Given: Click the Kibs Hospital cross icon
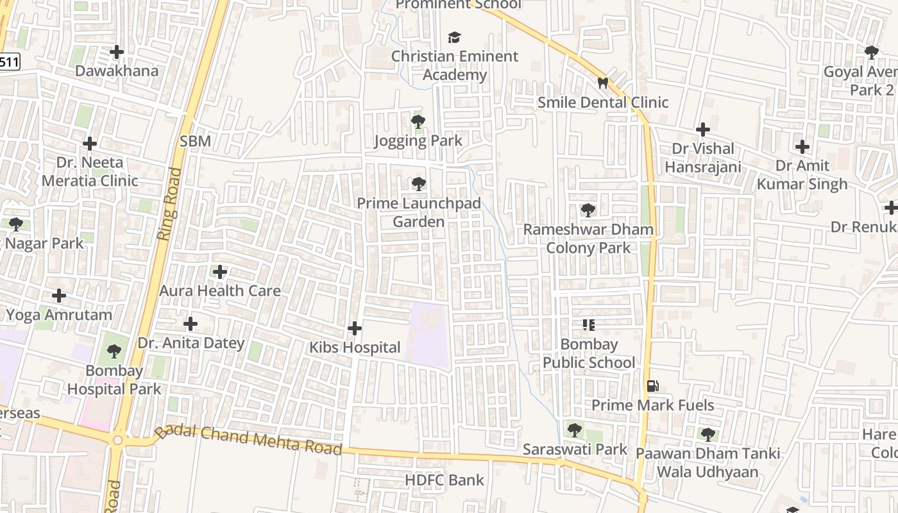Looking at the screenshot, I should point(354,328).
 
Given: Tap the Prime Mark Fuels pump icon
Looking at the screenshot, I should point(652,386).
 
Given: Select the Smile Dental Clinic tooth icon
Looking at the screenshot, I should point(602,83).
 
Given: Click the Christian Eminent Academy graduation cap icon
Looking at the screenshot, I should point(455,37).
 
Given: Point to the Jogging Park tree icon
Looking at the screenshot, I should point(418,121).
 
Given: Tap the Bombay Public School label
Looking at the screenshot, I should point(589,353).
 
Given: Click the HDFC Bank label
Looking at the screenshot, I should point(445,480).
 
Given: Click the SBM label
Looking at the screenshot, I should point(195,141).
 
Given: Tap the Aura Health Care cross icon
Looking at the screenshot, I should point(220,272).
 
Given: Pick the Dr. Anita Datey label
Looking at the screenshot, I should point(191,343).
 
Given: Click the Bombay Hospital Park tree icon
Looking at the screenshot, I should point(114,351).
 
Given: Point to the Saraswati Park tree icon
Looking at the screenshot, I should point(574,429).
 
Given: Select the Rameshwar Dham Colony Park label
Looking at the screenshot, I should point(588,238).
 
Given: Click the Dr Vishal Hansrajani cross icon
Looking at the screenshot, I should point(703,130).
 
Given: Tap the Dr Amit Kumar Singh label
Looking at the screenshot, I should point(802,174).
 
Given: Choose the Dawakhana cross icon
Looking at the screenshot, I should point(117,52).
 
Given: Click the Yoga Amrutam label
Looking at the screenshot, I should point(59,315).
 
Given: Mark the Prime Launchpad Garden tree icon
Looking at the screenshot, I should point(419,184).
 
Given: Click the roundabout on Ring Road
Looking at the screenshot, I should point(117,440).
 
